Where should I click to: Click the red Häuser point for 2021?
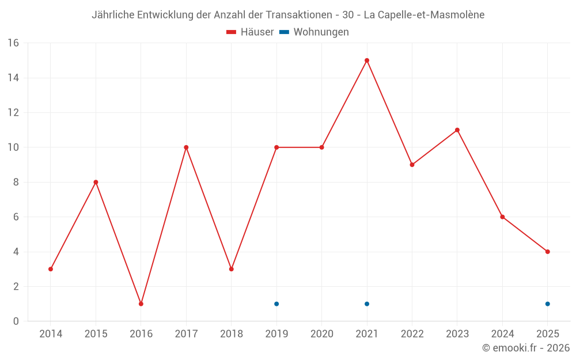(x=367, y=60)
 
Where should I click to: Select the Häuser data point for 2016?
(x=141, y=304)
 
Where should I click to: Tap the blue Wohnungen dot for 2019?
(x=276, y=304)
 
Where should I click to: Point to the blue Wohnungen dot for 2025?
(x=547, y=304)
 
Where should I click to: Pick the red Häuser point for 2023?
(x=457, y=130)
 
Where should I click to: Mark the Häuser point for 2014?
(x=51, y=269)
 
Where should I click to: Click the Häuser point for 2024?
(x=502, y=217)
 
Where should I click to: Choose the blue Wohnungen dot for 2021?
(x=367, y=304)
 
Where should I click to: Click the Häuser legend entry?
(x=250, y=32)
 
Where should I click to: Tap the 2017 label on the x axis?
(x=186, y=334)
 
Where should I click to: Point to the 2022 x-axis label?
(x=412, y=334)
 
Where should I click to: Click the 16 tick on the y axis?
(x=13, y=43)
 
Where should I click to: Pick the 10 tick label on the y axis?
(x=13, y=147)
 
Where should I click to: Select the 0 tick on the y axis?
(x=16, y=321)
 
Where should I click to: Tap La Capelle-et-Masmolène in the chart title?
(x=424, y=15)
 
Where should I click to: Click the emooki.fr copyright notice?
(x=526, y=348)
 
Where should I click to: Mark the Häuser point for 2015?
(x=96, y=182)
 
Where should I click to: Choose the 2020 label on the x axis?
(x=321, y=334)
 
